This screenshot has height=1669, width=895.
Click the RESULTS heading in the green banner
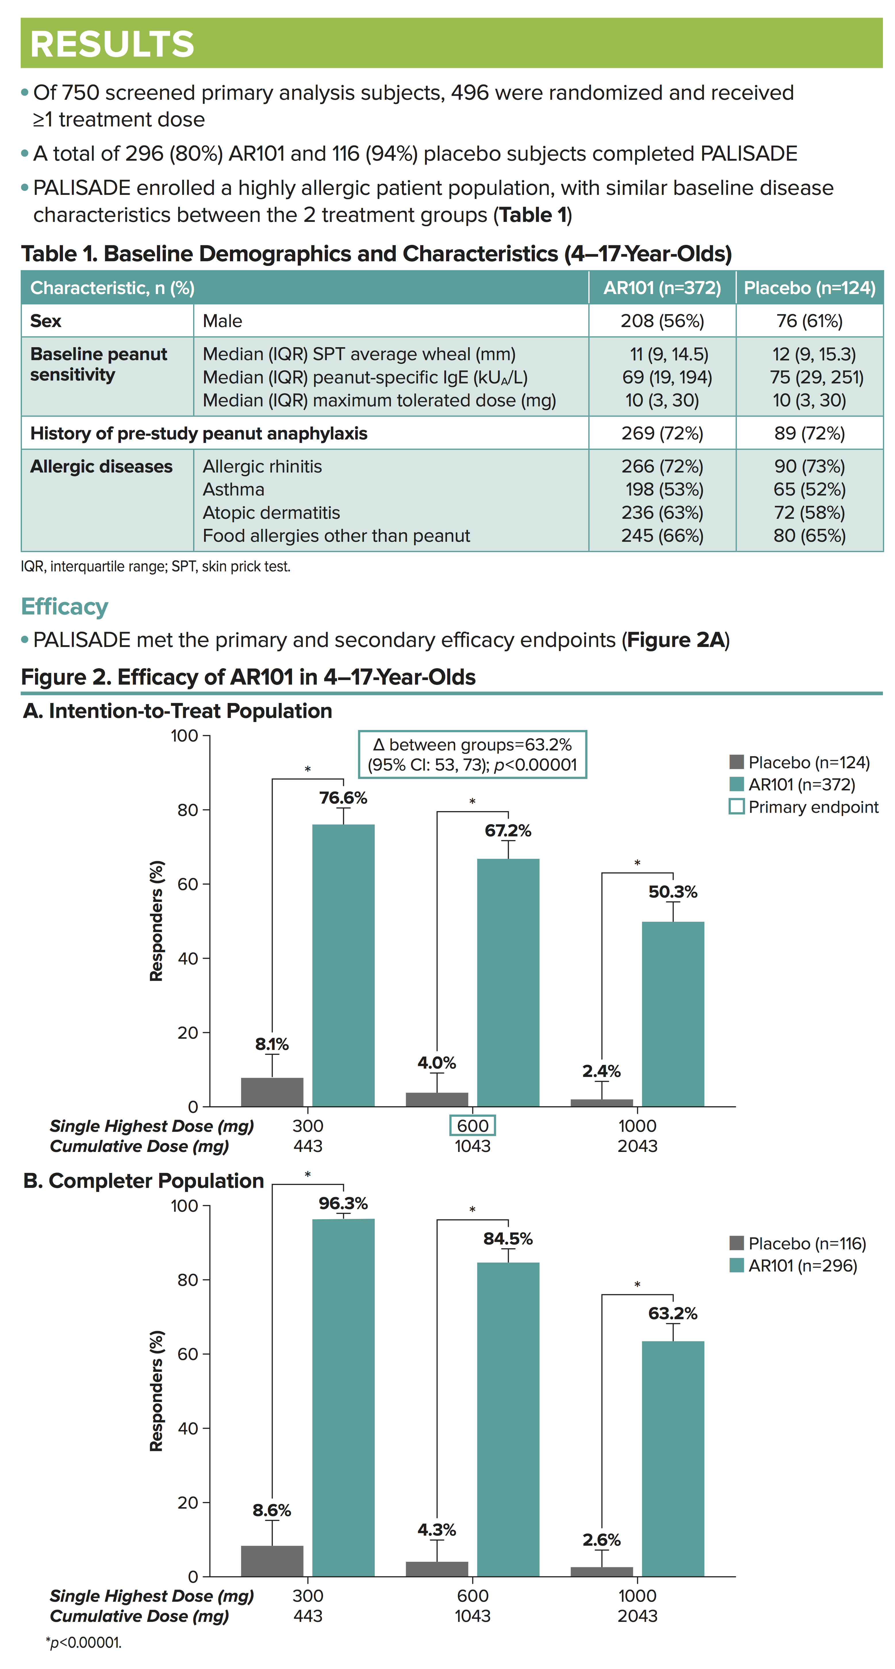tap(112, 44)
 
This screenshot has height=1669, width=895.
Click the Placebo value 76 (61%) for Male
tap(809, 321)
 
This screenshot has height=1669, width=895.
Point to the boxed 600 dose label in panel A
tap(473, 1126)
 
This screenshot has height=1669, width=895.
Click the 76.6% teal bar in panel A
tap(343, 965)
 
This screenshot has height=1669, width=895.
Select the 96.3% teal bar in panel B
tap(343, 1399)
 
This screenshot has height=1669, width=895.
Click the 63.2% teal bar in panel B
tap(673, 1458)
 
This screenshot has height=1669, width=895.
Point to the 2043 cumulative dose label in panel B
tap(637, 1616)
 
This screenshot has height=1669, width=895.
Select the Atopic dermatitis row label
tap(271, 512)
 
